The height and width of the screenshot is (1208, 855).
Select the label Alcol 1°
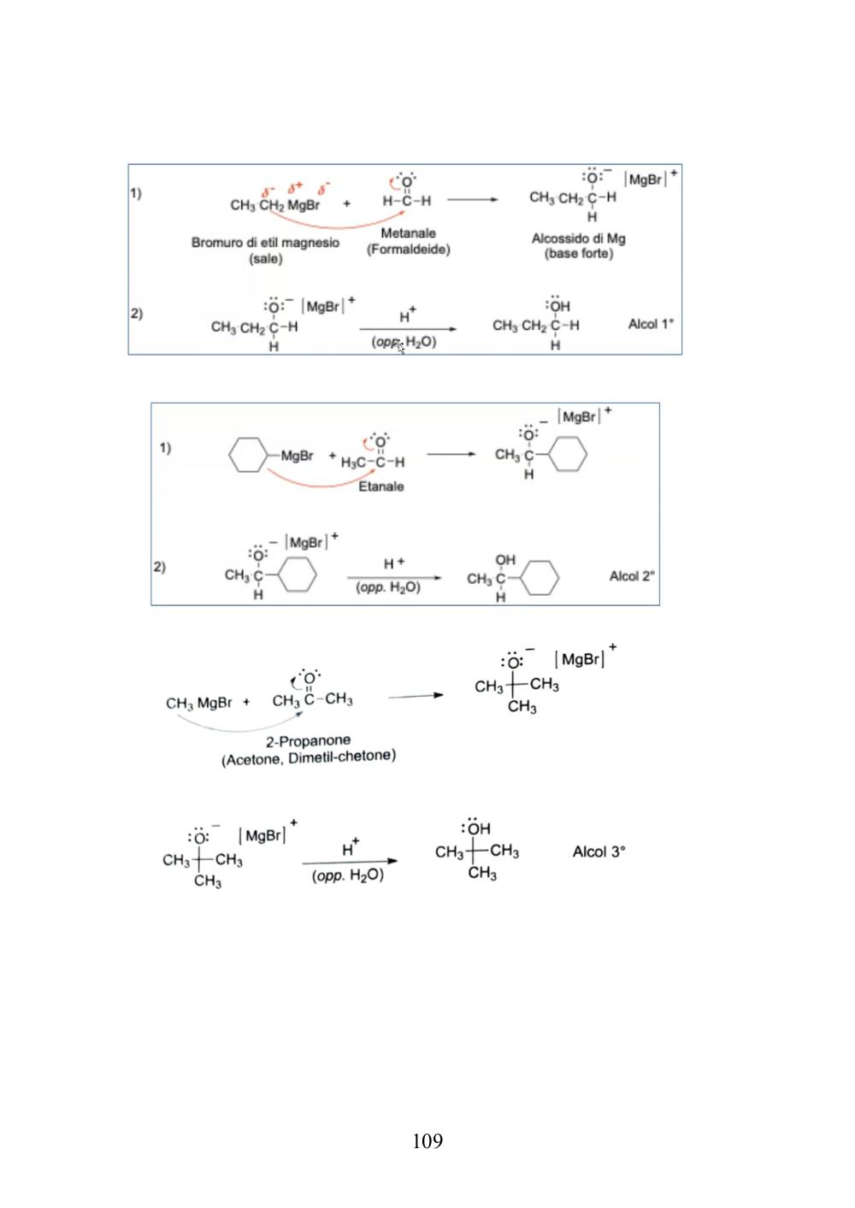[x=652, y=324]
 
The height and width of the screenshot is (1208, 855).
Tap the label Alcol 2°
[x=632, y=576]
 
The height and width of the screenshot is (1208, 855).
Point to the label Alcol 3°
[x=598, y=852]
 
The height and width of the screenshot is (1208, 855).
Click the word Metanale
[x=409, y=233]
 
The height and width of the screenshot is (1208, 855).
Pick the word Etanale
[x=380, y=486]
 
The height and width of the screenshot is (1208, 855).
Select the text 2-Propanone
[x=308, y=741]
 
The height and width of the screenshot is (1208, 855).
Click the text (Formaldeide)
[x=409, y=250]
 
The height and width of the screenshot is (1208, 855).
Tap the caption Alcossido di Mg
[x=578, y=239]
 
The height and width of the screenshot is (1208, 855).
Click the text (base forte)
[x=579, y=253]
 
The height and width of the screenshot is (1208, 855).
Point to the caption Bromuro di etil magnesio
[x=265, y=243]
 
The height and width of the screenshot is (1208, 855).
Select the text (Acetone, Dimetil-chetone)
[x=309, y=757]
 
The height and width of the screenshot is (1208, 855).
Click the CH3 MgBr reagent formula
[x=198, y=704]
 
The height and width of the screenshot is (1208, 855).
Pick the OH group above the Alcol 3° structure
[x=475, y=828]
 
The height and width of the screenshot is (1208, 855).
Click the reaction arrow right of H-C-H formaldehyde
[x=473, y=200]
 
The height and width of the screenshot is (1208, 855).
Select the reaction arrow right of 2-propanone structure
[x=416, y=696]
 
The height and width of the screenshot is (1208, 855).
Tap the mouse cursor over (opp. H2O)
[x=400, y=348]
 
